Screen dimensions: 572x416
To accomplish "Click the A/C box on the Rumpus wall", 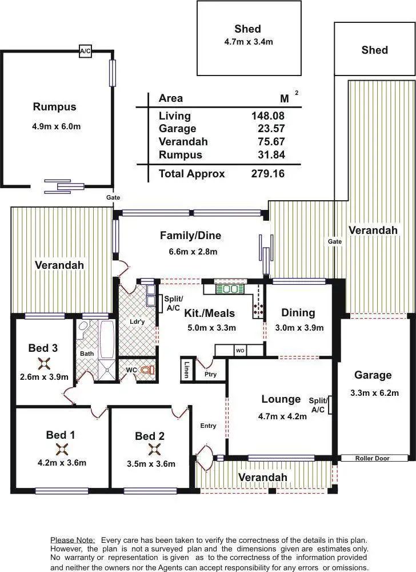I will coord(85,51).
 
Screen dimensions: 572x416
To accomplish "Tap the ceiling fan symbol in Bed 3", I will coord(43,362).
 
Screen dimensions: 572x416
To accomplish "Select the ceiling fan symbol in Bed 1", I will coord(61,449).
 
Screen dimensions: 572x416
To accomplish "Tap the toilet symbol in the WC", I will coord(148,370).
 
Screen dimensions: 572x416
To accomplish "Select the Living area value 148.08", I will coord(267,116).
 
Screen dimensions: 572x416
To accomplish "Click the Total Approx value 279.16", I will coord(267,174).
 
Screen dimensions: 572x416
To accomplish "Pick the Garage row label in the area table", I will coord(177,129).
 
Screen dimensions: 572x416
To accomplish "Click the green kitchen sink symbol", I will coord(231,289).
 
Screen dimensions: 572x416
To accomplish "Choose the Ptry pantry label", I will coord(210,375).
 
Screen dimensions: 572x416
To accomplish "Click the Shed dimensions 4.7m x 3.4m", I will coord(248,41).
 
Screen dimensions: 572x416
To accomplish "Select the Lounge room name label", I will coord(281,399).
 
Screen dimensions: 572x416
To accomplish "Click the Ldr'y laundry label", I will coord(137,321).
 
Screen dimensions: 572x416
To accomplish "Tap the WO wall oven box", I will coord(239,349).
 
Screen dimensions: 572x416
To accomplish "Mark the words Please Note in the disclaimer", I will coord(73,540).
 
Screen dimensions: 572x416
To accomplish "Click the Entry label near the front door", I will coord(208,426).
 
